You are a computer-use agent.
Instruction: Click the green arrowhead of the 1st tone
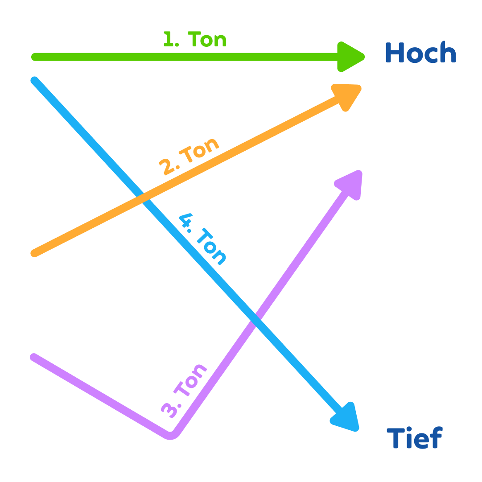click(350, 57)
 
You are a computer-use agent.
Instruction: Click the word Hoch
click(420, 53)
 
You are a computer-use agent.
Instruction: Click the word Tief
click(414, 438)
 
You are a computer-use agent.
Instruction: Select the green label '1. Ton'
click(195, 40)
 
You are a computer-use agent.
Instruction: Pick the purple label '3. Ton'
click(184, 391)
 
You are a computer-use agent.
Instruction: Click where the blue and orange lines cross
click(143, 198)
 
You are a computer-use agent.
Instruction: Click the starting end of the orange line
click(35, 253)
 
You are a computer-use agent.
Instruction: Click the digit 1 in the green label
click(168, 40)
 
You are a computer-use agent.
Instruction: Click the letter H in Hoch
click(394, 53)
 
